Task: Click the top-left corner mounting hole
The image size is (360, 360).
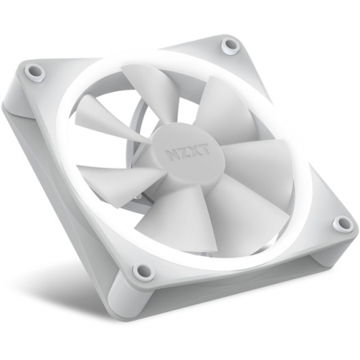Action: coord(35,72)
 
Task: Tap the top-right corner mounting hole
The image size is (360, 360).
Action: coord(229,44)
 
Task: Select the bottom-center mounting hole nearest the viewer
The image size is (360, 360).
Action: coord(142,271)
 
